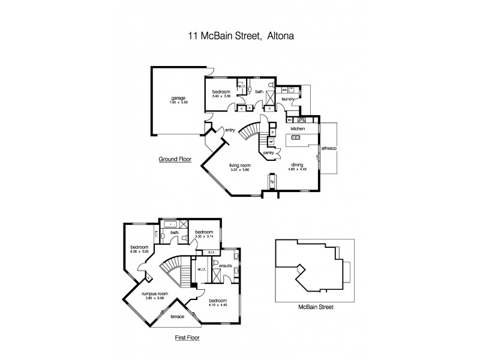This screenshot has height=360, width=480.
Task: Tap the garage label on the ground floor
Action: point(178,98)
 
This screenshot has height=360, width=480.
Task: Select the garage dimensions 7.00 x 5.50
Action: point(178,103)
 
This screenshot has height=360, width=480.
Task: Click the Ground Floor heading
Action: point(175,160)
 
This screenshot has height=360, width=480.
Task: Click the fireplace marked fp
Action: point(271,180)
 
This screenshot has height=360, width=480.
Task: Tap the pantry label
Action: point(269,153)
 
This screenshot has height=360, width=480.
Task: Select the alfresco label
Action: point(329,147)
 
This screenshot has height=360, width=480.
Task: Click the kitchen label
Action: point(298,129)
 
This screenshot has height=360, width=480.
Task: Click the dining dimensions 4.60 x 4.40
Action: point(298,169)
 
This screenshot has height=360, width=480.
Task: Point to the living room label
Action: point(239,165)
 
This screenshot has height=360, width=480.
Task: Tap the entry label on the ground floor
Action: point(230,130)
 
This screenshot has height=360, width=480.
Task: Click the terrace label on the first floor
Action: point(178,316)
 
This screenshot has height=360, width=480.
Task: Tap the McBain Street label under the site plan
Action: point(316,307)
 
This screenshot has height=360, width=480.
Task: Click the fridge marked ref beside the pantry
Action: point(271,142)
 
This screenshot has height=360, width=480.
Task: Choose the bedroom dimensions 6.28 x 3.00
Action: point(138,251)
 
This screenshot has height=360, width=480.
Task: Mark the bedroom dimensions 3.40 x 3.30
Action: point(221,96)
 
